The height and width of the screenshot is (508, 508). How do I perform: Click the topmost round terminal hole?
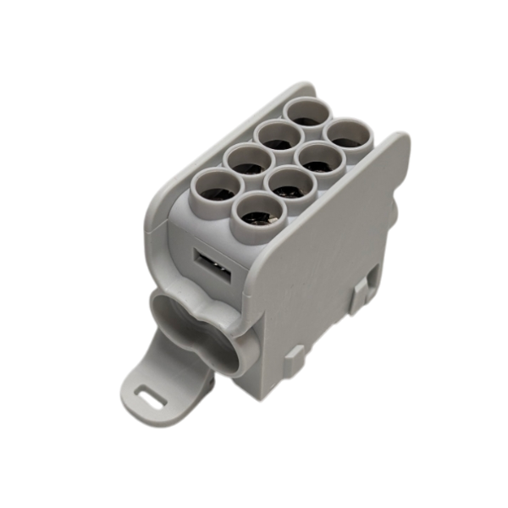point(301,113)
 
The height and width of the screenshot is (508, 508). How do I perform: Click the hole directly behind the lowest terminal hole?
point(284,182)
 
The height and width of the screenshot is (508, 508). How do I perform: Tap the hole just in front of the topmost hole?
point(273,135)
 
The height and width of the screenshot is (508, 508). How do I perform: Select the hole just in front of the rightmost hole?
point(315,158)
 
